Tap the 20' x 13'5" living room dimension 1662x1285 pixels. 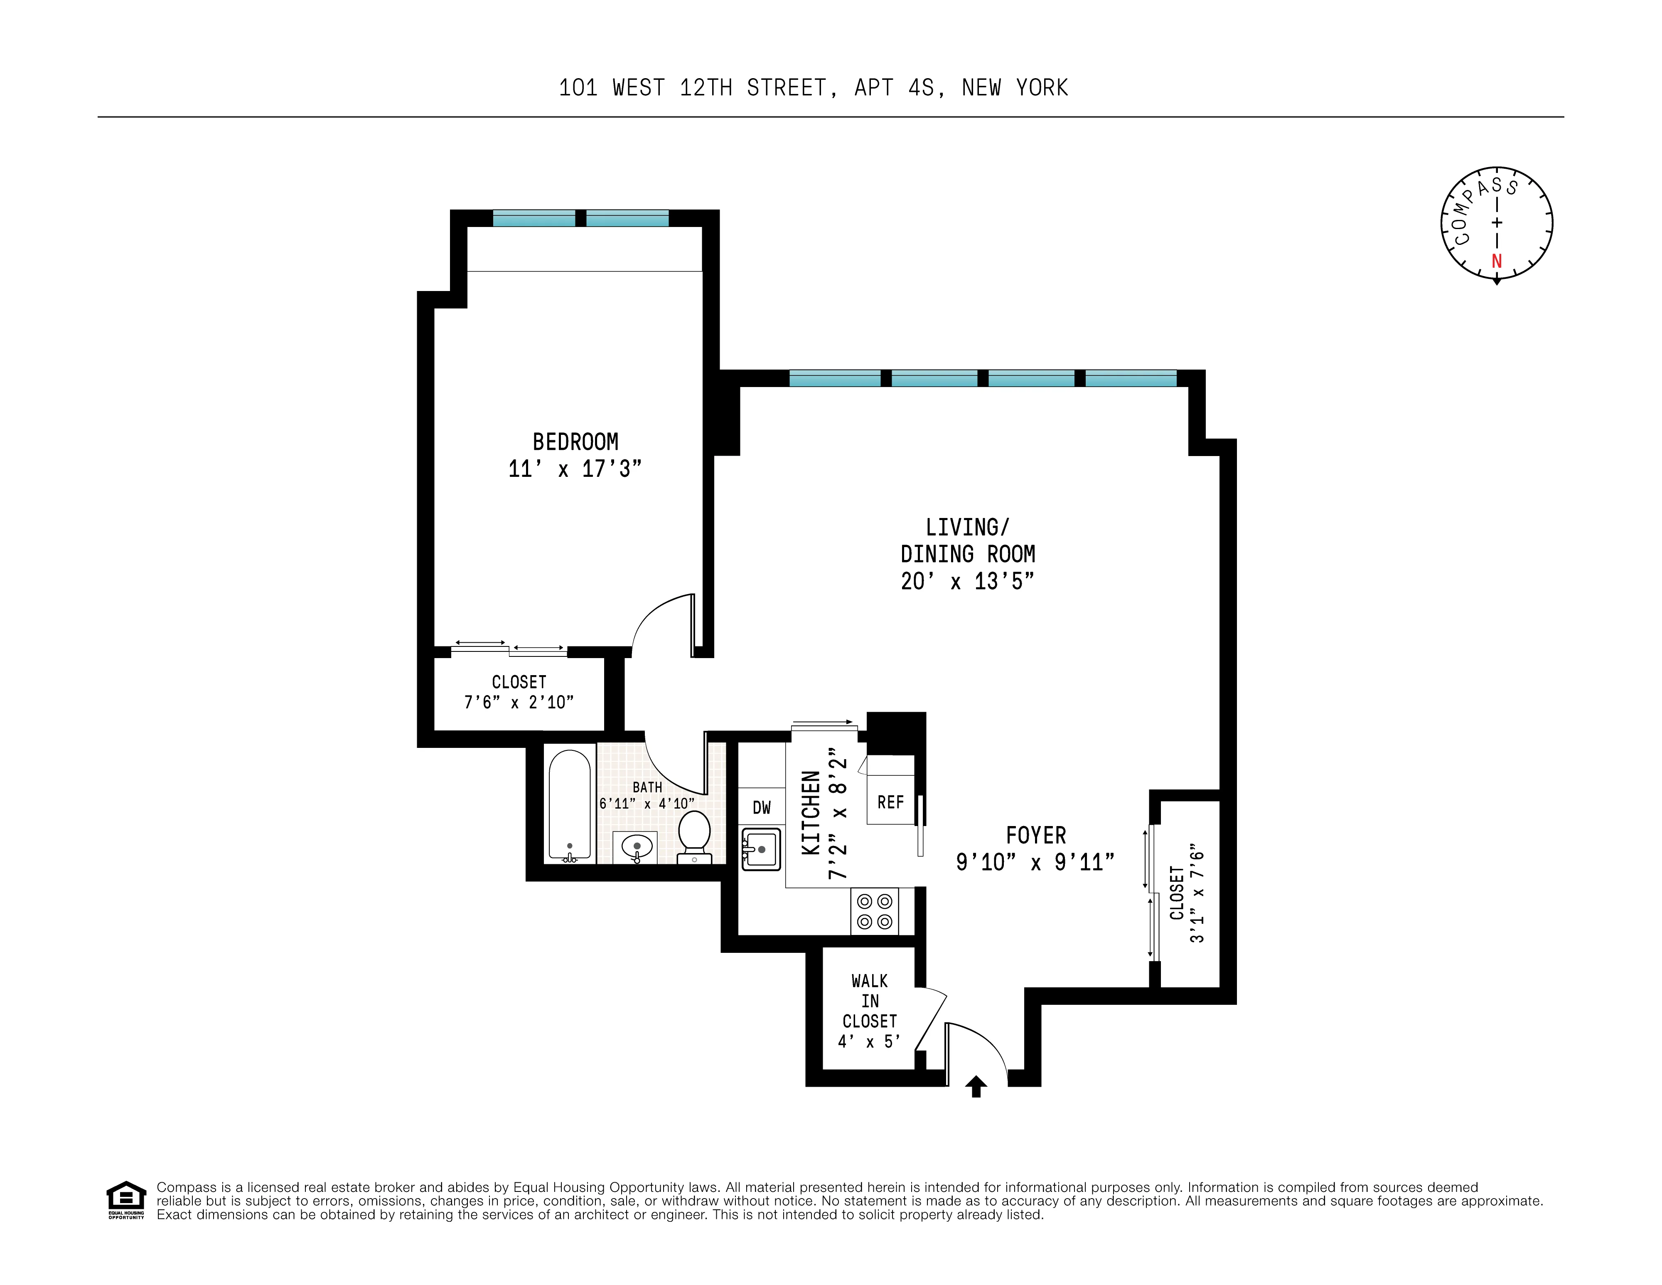[x=967, y=582]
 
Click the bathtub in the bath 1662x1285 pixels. [x=569, y=805]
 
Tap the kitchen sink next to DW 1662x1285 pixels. [x=762, y=849]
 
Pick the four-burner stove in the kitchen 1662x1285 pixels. [x=874, y=911]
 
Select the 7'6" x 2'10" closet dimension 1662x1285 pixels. [x=519, y=703]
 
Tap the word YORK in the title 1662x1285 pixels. [x=1042, y=88]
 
